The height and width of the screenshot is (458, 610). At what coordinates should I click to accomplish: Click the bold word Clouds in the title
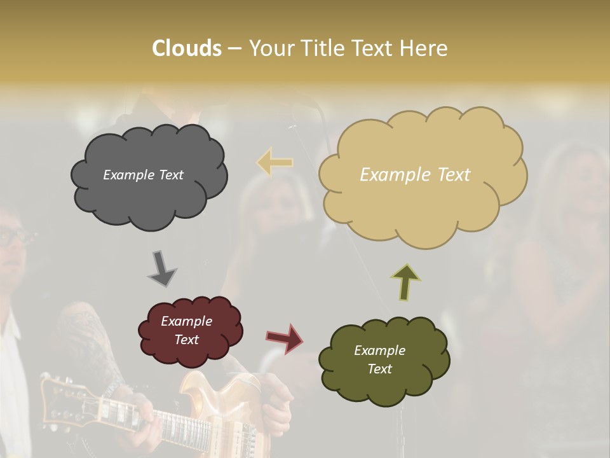point(186,48)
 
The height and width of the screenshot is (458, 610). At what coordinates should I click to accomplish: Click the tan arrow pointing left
point(274,162)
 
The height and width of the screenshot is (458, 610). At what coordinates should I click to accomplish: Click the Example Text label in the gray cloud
point(143,175)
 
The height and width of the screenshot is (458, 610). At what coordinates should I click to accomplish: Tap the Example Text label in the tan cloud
point(415,175)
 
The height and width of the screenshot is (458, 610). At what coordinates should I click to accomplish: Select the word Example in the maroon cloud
point(186,321)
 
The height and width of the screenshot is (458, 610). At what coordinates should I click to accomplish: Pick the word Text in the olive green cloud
point(379,369)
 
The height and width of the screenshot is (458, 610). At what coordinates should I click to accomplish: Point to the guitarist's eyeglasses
point(14,237)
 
